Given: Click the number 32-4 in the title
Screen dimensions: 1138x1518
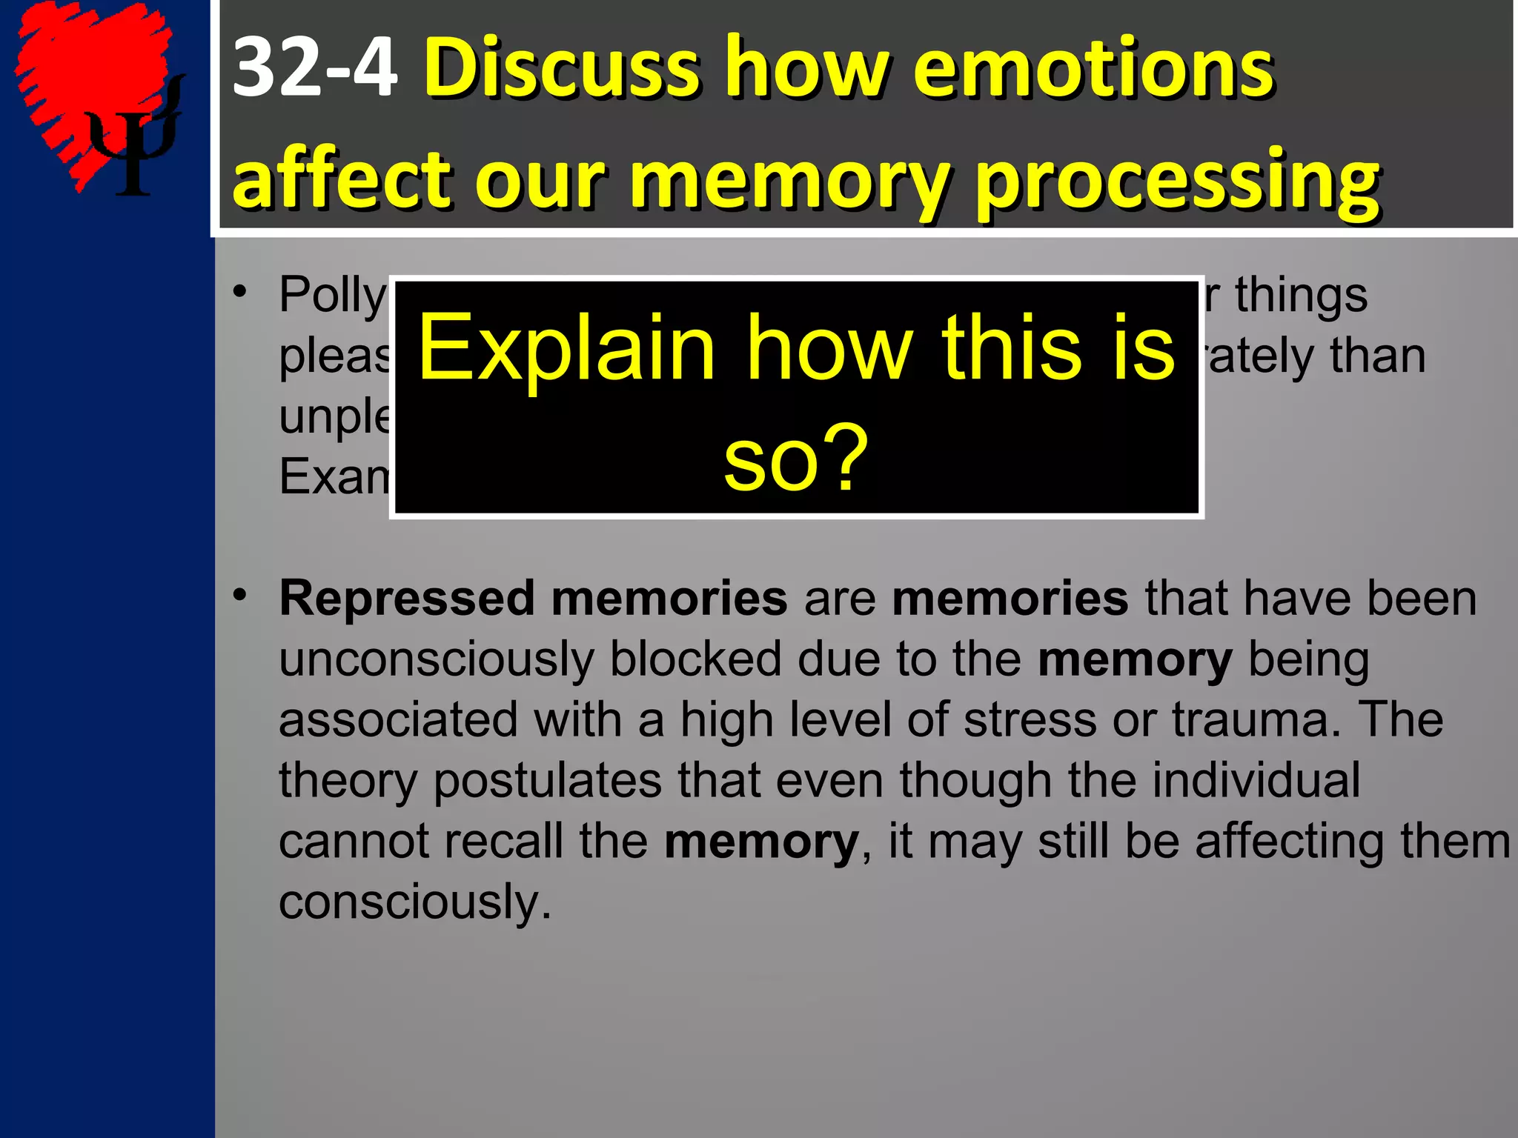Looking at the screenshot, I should [x=314, y=68].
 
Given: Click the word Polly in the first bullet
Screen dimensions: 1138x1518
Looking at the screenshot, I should [x=333, y=295].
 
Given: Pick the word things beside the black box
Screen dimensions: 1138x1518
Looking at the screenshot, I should [x=1301, y=295].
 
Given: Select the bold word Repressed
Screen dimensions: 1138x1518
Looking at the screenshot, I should [x=407, y=598].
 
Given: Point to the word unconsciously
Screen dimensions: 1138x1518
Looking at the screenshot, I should [x=437, y=659].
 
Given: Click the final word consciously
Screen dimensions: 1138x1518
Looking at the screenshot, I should [x=414, y=902].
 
